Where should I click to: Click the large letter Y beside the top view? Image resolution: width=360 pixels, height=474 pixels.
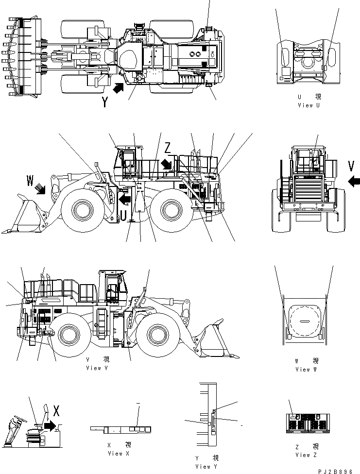pos(105,102)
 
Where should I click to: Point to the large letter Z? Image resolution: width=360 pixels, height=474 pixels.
pos(168,148)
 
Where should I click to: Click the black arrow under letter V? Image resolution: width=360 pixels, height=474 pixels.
pos(354,181)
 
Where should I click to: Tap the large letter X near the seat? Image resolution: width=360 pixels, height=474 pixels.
pos(56,411)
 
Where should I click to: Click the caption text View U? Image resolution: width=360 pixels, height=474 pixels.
pos(309,105)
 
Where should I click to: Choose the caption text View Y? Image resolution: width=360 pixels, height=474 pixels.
pos(206,466)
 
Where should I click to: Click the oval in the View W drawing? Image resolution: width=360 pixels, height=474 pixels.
pos(303,321)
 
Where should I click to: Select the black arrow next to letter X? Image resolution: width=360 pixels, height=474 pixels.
pos(49,426)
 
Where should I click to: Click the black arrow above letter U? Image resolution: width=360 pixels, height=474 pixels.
pos(125,199)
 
